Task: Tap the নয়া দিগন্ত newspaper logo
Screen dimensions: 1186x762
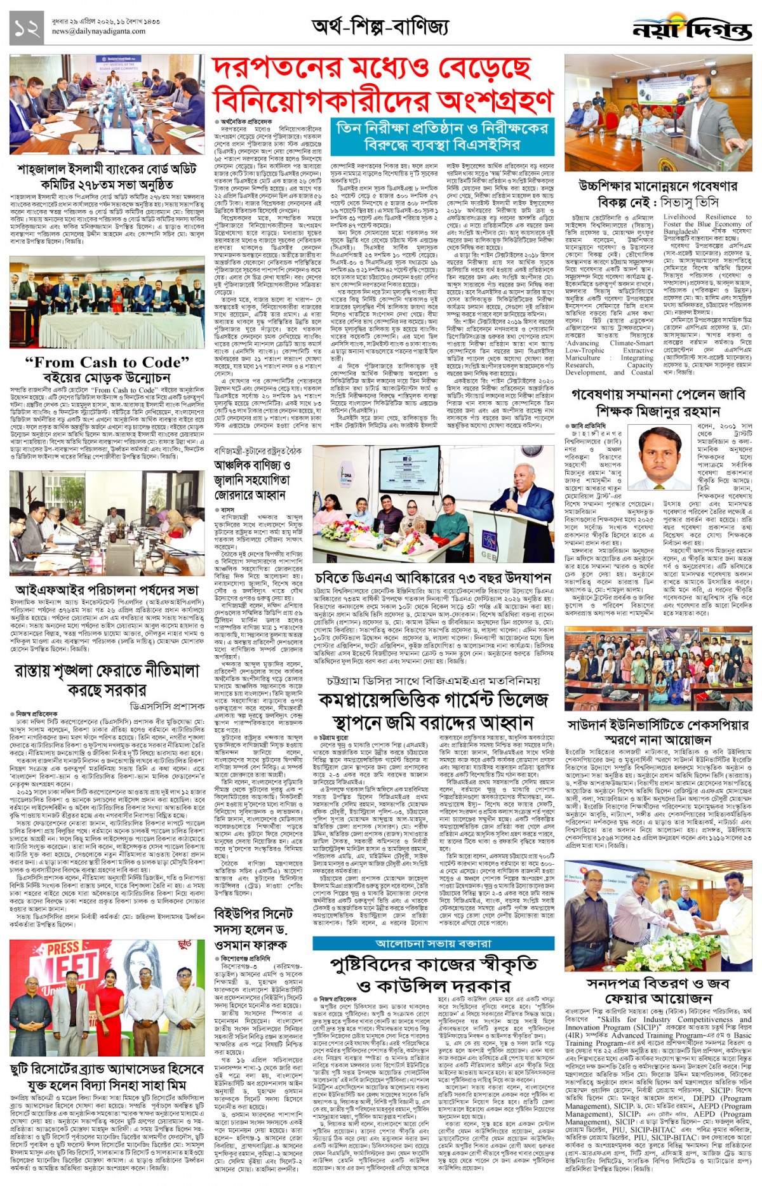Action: coord(692,28)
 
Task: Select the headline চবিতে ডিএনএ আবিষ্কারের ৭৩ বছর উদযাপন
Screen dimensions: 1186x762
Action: coord(432,578)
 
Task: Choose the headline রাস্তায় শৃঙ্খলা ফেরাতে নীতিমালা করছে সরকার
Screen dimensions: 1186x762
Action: coord(107,680)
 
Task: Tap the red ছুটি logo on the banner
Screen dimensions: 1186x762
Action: coord(185,945)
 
